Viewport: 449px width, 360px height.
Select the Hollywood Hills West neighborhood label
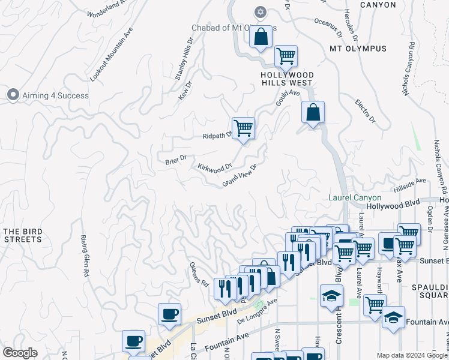pos(286,79)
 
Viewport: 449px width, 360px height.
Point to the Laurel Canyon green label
pos(355,197)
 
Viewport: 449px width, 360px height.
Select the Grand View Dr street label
pos(240,175)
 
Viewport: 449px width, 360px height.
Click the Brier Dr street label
pos(176,161)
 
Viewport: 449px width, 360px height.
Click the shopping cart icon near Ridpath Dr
pos(243,128)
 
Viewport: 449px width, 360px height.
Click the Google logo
pos(20,353)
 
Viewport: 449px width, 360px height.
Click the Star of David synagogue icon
pos(260,11)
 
